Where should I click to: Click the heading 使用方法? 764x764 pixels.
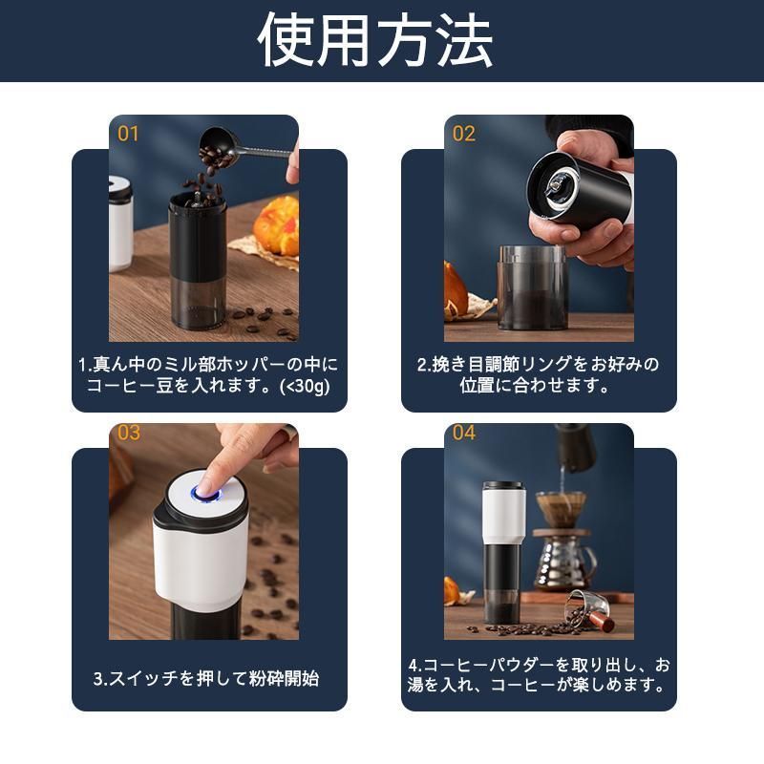[375, 40]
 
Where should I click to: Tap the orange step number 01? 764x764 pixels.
[128, 134]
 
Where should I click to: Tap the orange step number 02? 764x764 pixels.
[463, 134]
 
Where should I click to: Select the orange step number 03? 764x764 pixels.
[129, 433]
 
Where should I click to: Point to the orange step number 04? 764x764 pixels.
[463, 433]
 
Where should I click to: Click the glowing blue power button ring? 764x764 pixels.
[206, 495]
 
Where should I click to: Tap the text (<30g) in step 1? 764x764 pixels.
[305, 386]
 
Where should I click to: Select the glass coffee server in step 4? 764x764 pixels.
[565, 562]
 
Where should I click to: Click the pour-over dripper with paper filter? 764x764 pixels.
[561, 510]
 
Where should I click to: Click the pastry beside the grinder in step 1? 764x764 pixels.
[276, 225]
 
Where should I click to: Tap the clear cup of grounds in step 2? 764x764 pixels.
[533, 287]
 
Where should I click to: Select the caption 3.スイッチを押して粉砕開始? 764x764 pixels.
[206, 678]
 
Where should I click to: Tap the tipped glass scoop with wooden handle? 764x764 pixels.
[589, 610]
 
